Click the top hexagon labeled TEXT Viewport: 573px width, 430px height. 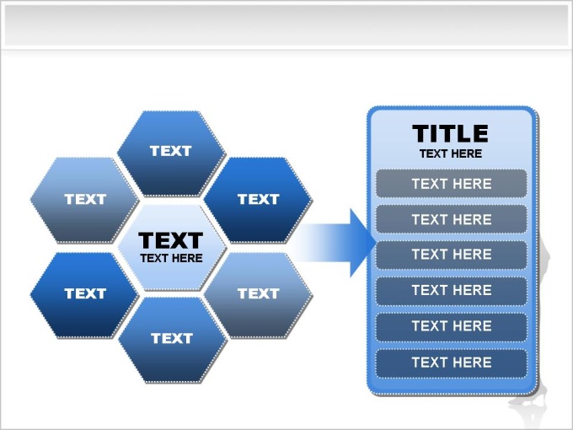[x=171, y=153]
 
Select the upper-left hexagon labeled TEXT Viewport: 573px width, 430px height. [x=84, y=200]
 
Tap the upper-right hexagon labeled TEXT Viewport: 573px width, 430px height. [x=258, y=200]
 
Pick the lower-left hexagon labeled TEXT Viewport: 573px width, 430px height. [x=84, y=295]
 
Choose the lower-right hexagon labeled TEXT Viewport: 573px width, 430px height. [x=258, y=295]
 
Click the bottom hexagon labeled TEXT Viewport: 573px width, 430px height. [x=173, y=340]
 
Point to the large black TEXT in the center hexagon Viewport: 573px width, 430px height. [x=171, y=240]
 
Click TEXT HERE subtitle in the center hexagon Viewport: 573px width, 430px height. [x=171, y=258]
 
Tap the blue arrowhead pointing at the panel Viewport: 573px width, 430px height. [x=362, y=243]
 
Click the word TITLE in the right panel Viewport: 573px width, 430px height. [x=450, y=133]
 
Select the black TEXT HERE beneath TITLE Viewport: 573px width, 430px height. [x=451, y=153]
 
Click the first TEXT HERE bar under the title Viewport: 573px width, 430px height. [x=452, y=184]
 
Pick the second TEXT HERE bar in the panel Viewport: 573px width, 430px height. [x=452, y=219]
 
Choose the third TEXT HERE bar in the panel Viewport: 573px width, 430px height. [x=452, y=255]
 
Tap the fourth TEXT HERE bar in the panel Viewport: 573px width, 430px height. [x=452, y=291]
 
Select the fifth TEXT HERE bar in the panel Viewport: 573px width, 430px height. [x=452, y=326]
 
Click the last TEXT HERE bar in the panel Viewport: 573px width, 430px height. [x=452, y=363]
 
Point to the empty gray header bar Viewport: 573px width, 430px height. [x=286, y=24]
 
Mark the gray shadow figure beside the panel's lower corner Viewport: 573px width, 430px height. [x=528, y=402]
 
